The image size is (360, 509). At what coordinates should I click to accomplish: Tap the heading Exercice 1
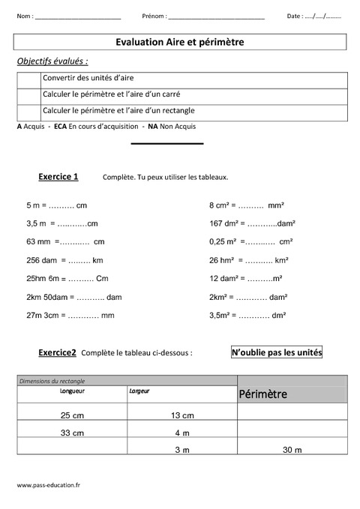click(x=58, y=177)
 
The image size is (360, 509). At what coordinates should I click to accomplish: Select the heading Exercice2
click(x=58, y=351)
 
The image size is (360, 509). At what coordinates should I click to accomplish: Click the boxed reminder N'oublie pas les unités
click(x=276, y=351)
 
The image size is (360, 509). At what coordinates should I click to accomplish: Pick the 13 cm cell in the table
click(x=182, y=415)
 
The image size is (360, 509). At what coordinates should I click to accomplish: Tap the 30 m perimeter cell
click(x=292, y=450)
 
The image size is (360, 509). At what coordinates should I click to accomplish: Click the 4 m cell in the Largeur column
click(x=182, y=433)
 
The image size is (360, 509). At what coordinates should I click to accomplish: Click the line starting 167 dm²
click(x=252, y=223)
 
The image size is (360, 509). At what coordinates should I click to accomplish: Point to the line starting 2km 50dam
click(x=73, y=297)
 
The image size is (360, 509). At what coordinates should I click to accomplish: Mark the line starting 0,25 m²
click(x=250, y=242)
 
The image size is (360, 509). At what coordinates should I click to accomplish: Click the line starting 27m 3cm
click(x=69, y=316)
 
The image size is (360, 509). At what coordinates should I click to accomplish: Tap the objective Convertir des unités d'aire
click(x=88, y=77)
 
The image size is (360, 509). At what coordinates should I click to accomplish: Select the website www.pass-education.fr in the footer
click(x=48, y=486)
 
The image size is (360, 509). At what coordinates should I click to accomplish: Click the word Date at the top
click(x=295, y=16)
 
